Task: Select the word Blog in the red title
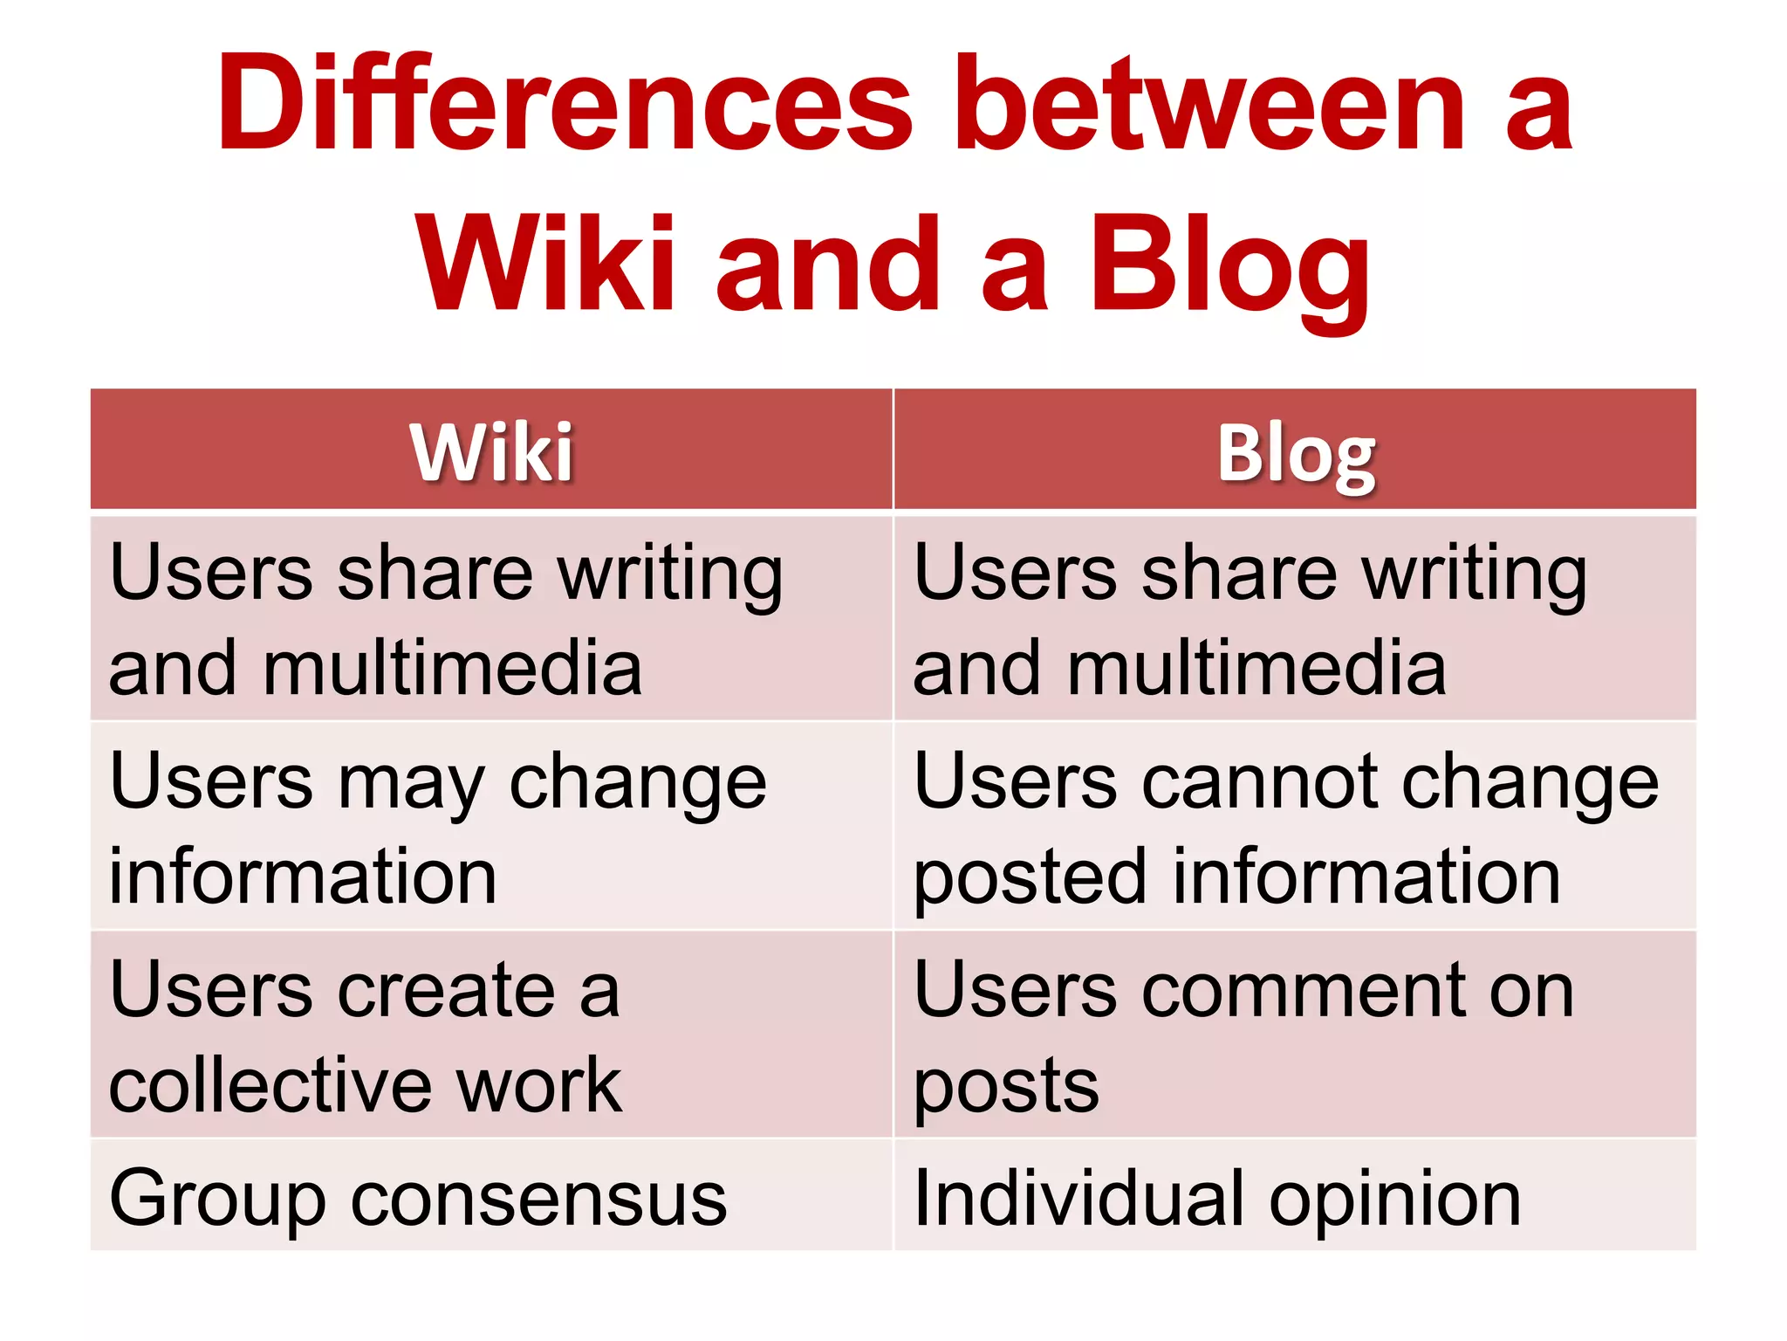(x=1229, y=266)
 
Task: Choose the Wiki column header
(x=492, y=451)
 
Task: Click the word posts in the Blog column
(x=1006, y=1087)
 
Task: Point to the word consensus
(x=538, y=1199)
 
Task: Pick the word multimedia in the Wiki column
(x=453, y=668)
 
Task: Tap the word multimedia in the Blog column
(x=1256, y=668)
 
